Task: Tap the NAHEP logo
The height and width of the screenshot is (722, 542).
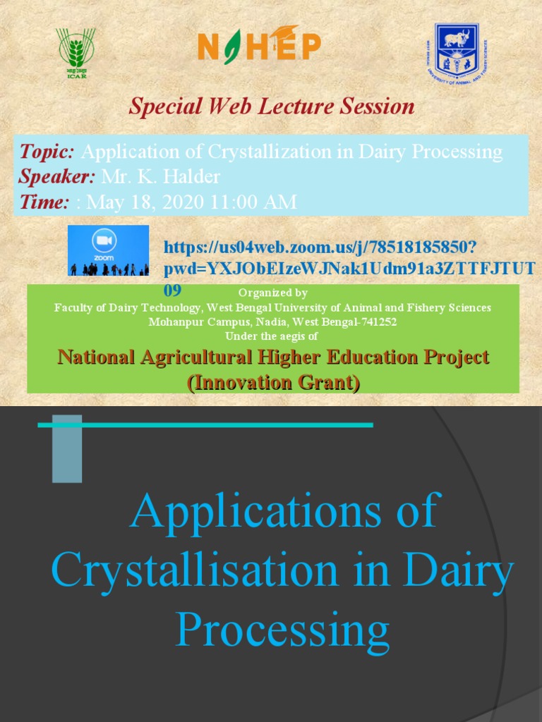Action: (259, 48)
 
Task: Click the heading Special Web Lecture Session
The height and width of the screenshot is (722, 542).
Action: (271, 106)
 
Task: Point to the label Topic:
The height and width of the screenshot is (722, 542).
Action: (47, 152)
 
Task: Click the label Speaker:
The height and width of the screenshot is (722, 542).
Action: (56, 176)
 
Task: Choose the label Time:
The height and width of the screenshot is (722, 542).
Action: (44, 202)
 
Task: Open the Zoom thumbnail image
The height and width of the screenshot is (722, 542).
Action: (108, 250)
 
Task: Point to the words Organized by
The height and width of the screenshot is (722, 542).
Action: (273, 293)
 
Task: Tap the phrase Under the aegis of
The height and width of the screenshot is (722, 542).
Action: (273, 336)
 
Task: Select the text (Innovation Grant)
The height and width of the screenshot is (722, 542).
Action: (273, 382)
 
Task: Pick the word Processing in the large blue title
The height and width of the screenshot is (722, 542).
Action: (282, 629)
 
